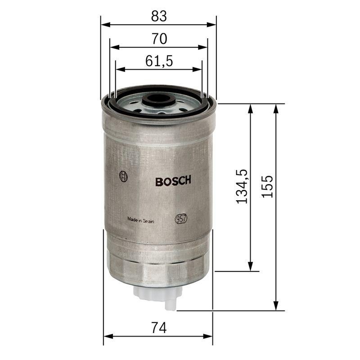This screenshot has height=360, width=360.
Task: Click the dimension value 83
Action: point(159,17)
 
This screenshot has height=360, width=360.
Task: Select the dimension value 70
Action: point(159,39)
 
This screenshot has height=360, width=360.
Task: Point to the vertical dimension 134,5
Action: point(242,186)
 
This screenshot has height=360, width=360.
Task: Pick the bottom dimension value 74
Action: point(159,328)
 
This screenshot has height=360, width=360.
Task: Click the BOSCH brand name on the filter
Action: point(173,181)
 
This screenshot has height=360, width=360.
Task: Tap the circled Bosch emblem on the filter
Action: point(123,176)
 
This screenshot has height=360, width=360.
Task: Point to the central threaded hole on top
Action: point(157,99)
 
